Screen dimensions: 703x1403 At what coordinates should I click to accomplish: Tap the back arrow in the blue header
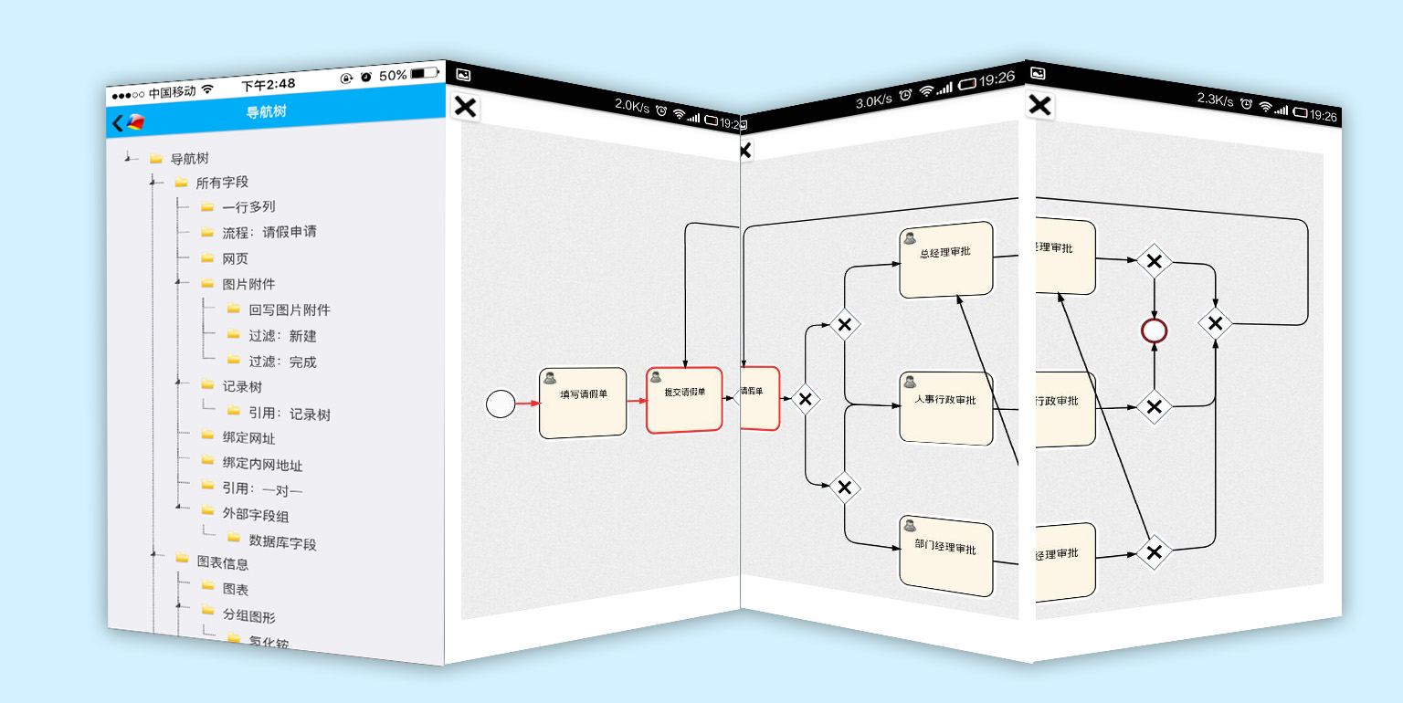(118, 123)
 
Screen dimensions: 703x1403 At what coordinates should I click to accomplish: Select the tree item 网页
(235, 258)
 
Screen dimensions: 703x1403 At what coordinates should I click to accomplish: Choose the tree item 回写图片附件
(289, 310)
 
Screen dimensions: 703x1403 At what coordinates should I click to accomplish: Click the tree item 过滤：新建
(282, 336)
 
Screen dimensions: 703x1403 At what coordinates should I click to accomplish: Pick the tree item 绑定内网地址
(262, 465)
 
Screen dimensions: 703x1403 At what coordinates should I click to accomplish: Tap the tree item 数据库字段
(282, 543)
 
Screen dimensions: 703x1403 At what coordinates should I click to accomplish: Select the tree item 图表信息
(222, 562)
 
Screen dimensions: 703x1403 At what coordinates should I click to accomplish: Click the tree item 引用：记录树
(289, 414)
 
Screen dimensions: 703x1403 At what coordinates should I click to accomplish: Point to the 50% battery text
(393, 75)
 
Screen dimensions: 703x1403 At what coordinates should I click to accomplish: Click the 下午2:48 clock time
(268, 84)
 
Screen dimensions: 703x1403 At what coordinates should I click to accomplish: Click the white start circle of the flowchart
(501, 404)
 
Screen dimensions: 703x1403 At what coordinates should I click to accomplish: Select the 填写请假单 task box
(583, 403)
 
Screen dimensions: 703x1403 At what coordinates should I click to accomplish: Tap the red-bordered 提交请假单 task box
(684, 399)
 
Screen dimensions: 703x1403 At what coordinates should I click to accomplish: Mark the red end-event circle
(1155, 331)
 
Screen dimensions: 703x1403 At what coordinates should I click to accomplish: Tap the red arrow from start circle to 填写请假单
(527, 404)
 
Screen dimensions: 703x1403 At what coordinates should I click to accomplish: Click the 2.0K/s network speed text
(632, 107)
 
